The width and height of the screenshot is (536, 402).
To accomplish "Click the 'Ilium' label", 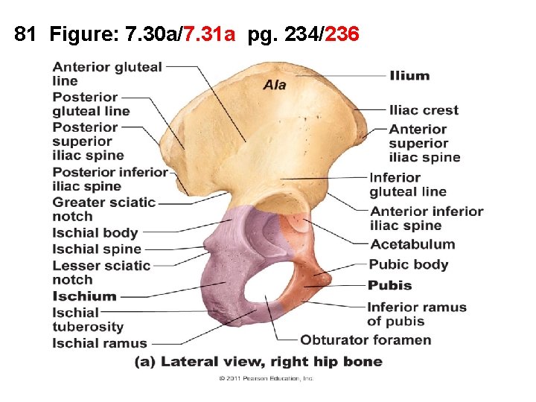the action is pyautogui.click(x=409, y=75).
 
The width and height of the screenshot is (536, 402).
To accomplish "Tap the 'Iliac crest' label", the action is pyautogui.click(x=424, y=110).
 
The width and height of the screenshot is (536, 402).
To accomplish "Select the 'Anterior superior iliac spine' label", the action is pyautogui.click(x=424, y=143).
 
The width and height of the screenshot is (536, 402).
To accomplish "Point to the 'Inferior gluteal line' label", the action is pyautogui.click(x=408, y=185).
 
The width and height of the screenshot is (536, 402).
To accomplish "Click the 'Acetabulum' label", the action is pyautogui.click(x=412, y=244).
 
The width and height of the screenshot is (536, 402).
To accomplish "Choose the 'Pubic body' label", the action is pyautogui.click(x=409, y=264).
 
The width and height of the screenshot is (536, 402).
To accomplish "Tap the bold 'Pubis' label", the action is pyautogui.click(x=389, y=285).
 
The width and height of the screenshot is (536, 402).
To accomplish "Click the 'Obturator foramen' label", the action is pyautogui.click(x=366, y=340).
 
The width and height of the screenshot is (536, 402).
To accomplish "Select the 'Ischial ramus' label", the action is pyautogui.click(x=100, y=343).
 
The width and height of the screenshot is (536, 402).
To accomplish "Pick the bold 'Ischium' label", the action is pyautogui.click(x=85, y=296).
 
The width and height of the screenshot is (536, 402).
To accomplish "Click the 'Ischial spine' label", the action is pyautogui.click(x=97, y=249).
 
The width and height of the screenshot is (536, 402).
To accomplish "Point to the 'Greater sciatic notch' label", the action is pyautogui.click(x=103, y=209).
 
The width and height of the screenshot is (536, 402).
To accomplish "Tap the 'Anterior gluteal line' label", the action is pyautogui.click(x=107, y=74).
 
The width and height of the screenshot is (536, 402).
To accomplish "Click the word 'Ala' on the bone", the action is pyautogui.click(x=274, y=85).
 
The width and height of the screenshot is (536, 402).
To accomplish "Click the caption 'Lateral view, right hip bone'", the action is pyautogui.click(x=271, y=363).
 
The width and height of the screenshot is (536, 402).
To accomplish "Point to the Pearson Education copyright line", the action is pyautogui.click(x=267, y=379).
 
